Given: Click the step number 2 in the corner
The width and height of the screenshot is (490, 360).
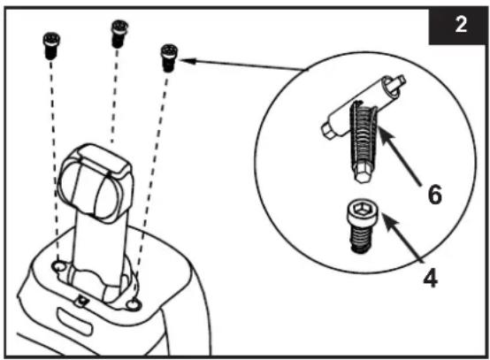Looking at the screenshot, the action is pos(461,25).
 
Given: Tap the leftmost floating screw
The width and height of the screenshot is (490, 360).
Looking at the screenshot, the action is pos(51,46).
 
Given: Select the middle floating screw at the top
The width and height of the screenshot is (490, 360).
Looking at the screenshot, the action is pos(119,34).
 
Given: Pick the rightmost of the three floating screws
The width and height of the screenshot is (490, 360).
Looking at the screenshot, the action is pos(169,58).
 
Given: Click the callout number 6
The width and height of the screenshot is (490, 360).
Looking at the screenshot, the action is pos(434,194).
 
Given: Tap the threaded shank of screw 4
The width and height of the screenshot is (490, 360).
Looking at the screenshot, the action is pos(361,239).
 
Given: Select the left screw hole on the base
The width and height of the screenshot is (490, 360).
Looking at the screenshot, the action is pos(59,266).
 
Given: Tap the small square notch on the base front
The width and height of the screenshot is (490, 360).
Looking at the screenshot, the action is pos(82,301).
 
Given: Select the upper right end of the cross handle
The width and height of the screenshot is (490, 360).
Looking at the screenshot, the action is pos(396,84).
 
